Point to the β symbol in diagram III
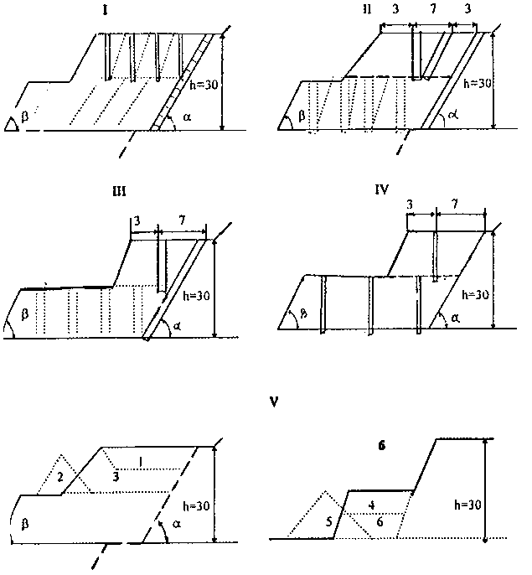click(x=24, y=315)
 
